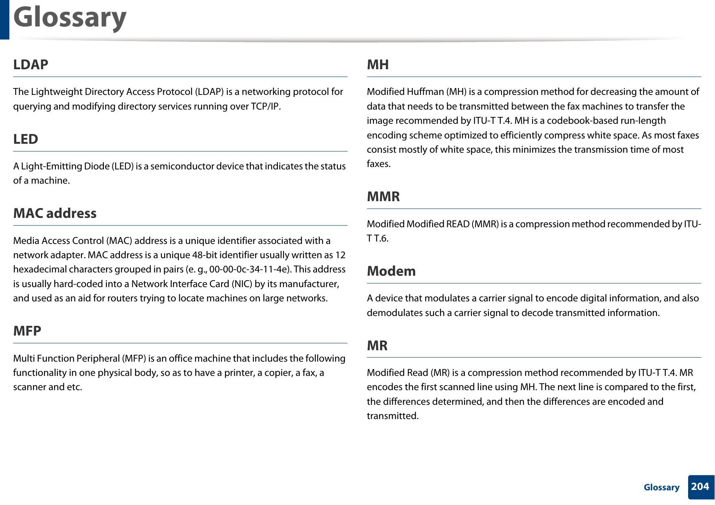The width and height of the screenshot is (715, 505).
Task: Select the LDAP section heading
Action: pos(31,64)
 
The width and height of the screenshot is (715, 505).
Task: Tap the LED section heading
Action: pos(26,139)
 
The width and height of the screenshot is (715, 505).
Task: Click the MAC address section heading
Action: pos(55,213)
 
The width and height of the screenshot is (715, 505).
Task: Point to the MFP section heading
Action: pos(27,331)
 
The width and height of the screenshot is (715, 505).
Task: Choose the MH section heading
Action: pos(378,64)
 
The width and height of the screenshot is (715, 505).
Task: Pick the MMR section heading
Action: pos(383,196)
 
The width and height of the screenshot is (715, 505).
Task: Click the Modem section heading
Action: pos(391,271)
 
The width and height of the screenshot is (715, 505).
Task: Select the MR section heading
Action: pos(377,345)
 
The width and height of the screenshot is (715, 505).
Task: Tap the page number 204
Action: pos(700,487)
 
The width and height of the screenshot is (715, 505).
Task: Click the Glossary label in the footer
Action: pos(661,487)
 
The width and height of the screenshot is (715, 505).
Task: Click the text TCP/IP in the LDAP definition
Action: pos(265,106)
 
